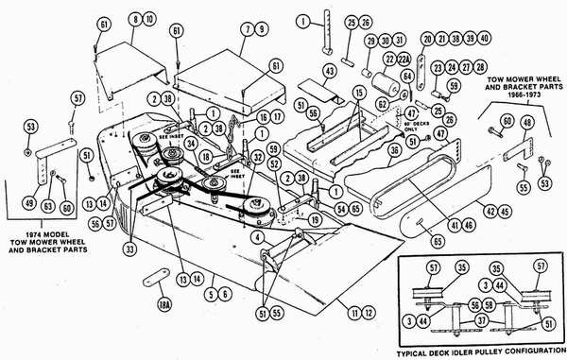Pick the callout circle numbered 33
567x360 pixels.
[129, 249]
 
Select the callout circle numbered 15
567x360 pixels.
[357, 91]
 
